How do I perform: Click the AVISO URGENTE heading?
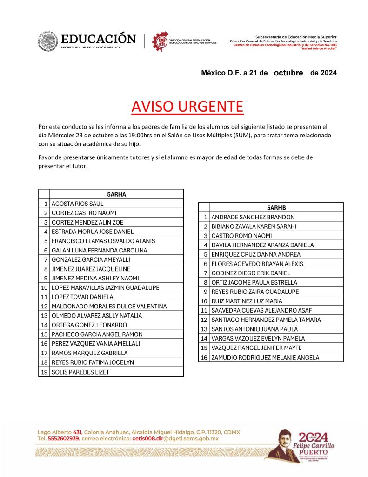tap(187, 107)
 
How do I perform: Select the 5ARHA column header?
tap(116, 194)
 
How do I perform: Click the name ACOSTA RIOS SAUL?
tap(78, 204)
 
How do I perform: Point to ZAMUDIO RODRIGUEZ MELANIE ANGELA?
tap(265, 357)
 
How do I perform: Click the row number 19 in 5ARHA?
tap(44, 372)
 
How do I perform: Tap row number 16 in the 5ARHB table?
tap(204, 357)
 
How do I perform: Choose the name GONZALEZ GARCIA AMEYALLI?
tap(91, 259)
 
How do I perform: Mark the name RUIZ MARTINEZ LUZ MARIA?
tap(247, 301)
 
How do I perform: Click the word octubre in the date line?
tap(288, 73)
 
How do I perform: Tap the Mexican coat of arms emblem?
tap(48, 41)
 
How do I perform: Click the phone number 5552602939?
tap(64, 438)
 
